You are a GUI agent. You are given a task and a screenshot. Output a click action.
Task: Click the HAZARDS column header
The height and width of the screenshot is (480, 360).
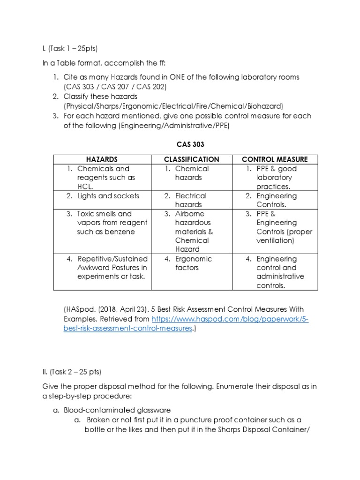(101, 159)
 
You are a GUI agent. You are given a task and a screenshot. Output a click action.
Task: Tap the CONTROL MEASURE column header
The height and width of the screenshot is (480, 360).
(274, 159)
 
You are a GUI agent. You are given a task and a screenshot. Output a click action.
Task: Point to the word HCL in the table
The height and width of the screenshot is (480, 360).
(85, 186)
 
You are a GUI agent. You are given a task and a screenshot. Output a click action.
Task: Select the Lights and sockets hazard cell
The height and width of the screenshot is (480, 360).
(108, 196)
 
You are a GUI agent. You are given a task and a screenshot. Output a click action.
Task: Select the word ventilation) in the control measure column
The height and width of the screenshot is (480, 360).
(276, 240)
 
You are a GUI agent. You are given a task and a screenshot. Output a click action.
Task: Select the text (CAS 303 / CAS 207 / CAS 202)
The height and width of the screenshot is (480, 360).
(115, 87)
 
